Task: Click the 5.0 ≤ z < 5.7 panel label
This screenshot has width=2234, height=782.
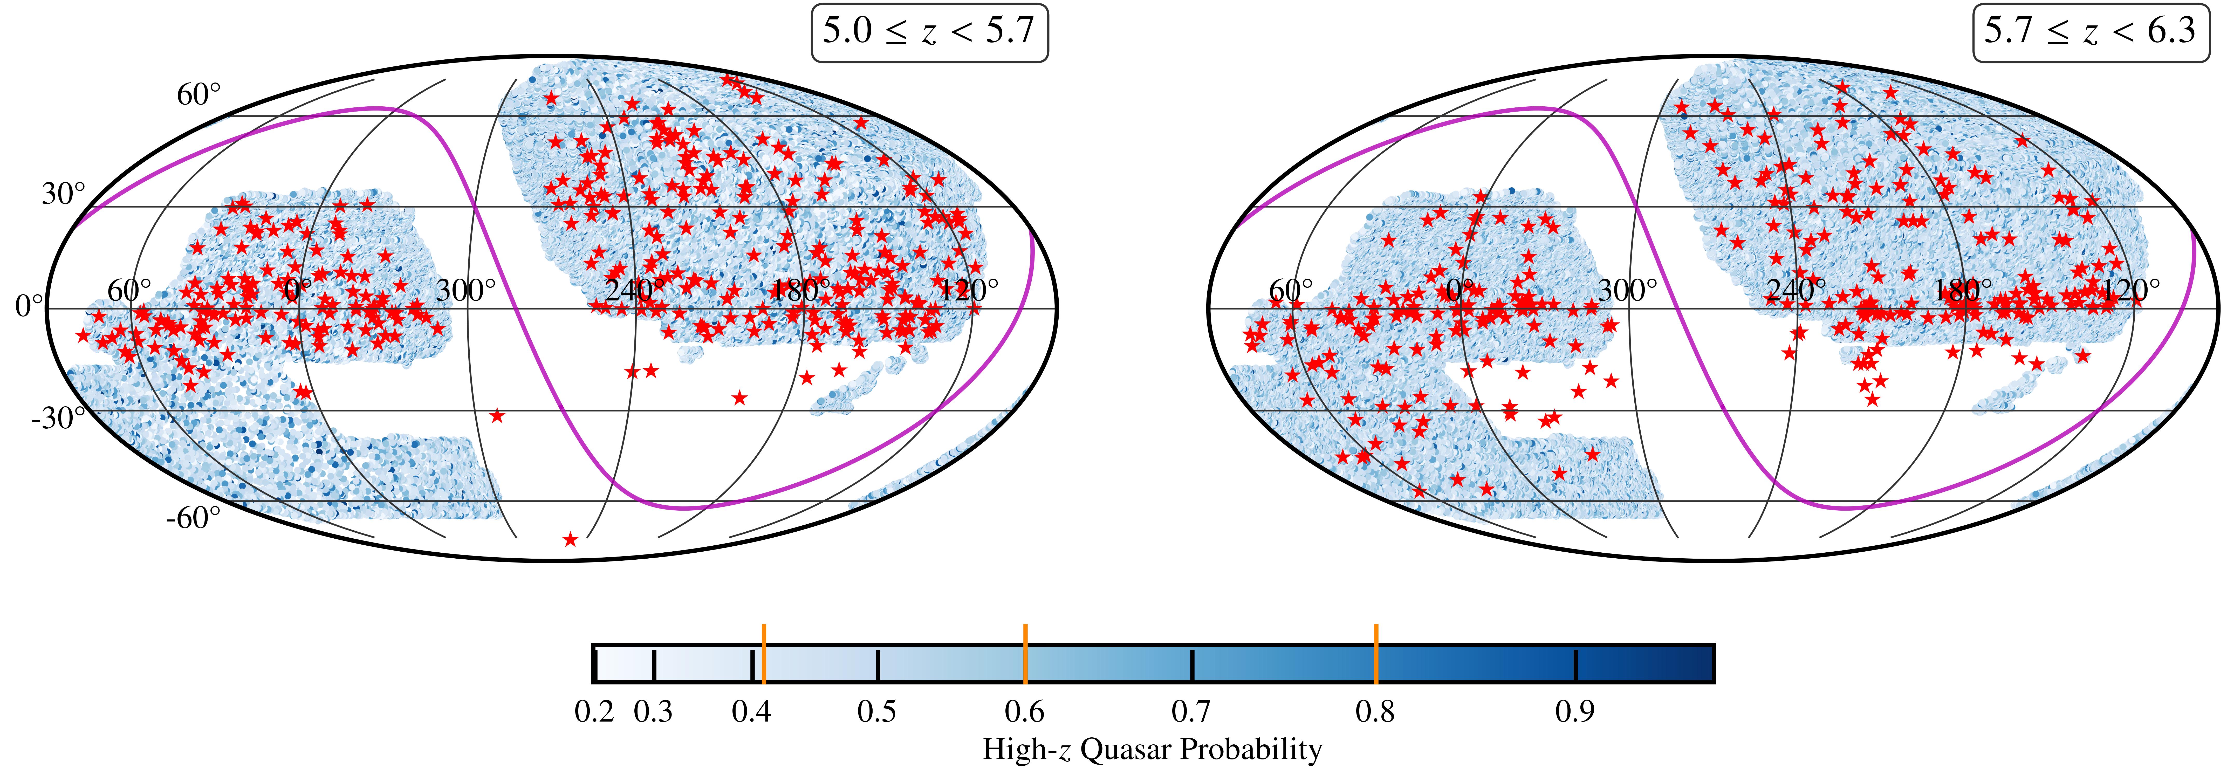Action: coord(929,32)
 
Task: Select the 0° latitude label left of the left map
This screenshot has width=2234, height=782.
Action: coord(29,307)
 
